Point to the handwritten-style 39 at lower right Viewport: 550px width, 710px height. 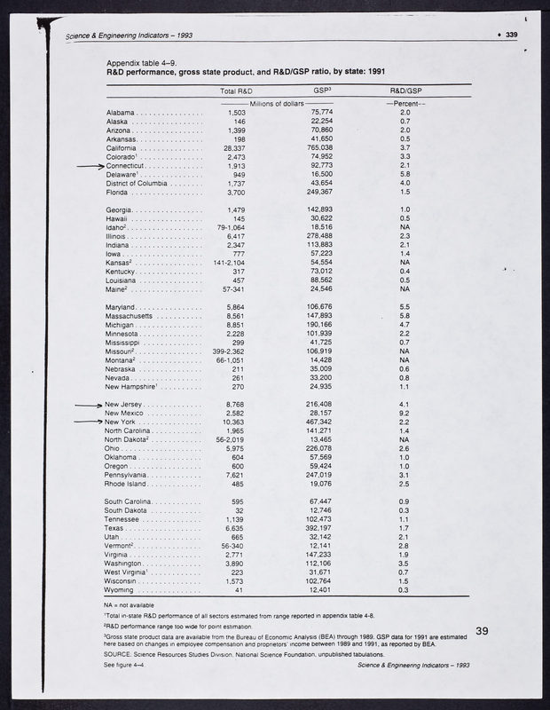pyautogui.click(x=483, y=631)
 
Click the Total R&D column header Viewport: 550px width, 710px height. pyautogui.click(x=236, y=91)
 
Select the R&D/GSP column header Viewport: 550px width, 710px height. pyautogui.click(x=405, y=91)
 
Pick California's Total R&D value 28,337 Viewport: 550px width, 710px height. pyautogui.click(x=235, y=148)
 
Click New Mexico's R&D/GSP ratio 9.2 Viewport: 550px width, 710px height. pyautogui.click(x=405, y=413)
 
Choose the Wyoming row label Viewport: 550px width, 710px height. pyautogui.click(x=122, y=590)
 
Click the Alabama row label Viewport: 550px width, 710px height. pyautogui.click(x=120, y=114)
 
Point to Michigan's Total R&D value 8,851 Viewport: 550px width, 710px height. pyautogui.click(x=236, y=325)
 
